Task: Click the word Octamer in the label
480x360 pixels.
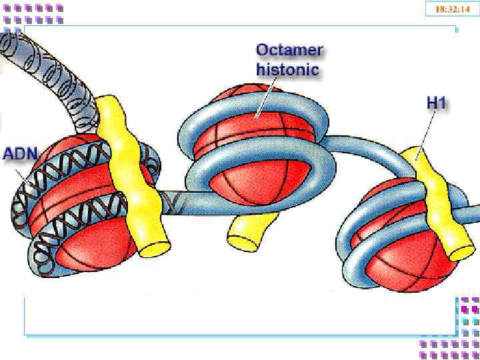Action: point(289,50)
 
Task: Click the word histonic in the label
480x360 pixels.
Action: point(287,69)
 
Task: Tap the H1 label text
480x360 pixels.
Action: point(436,104)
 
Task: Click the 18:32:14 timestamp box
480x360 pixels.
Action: point(452,9)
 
